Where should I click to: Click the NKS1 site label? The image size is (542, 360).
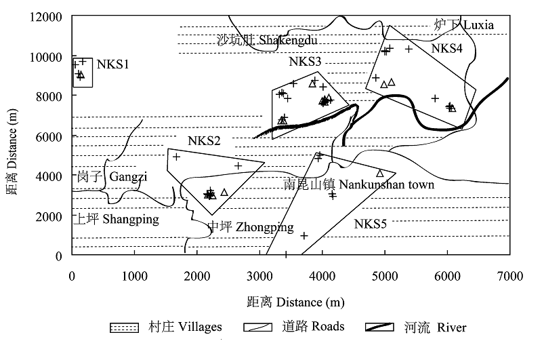tap(112, 65)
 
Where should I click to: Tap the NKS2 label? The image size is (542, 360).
tap(204, 141)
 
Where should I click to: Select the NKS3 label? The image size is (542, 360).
tap(305, 62)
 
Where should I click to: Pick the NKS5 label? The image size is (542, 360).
tap(370, 223)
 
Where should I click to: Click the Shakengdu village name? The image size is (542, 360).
tap(268, 41)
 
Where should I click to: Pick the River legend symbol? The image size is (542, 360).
tap(380, 327)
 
